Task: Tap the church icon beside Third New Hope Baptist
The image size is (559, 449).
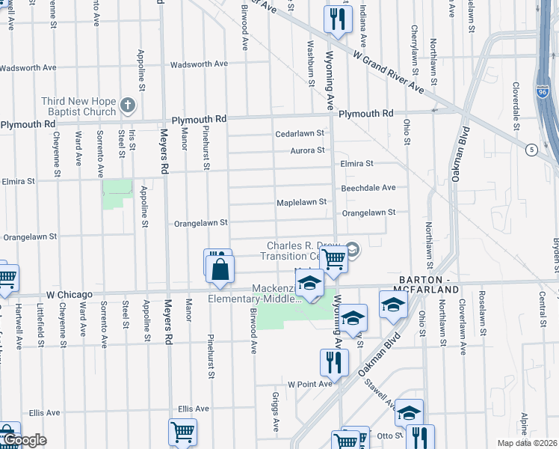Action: (128, 106)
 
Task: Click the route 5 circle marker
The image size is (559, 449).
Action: (530, 149)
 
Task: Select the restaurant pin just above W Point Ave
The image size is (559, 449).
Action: (334, 364)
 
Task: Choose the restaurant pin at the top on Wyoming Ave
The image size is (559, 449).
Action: (338, 19)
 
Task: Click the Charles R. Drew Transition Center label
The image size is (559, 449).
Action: (304, 251)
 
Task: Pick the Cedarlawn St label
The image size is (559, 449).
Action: (299, 133)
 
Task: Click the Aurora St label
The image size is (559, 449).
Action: (307, 150)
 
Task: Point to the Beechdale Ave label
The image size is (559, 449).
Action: (368, 188)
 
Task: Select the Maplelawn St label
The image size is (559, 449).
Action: (302, 202)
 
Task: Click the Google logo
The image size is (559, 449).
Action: (25, 440)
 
